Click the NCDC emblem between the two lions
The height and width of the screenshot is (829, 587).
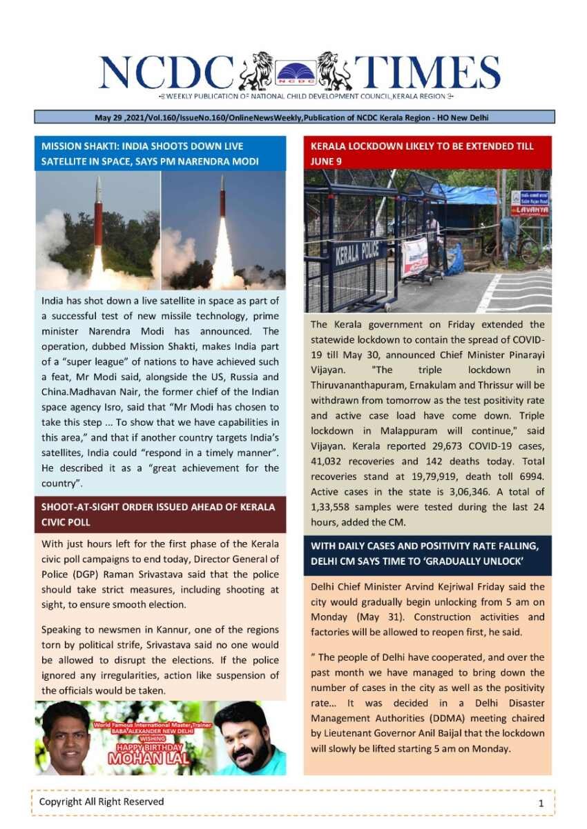pyautogui.click(x=296, y=72)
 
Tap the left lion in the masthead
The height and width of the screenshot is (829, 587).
pyautogui.click(x=257, y=70)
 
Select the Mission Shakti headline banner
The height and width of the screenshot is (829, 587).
pyautogui.click(x=160, y=153)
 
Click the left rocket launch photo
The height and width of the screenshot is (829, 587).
pyautogui.click(x=97, y=230)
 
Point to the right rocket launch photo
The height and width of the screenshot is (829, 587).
pyautogui.click(x=223, y=230)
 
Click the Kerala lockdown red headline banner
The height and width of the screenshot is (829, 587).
pyautogui.click(x=427, y=153)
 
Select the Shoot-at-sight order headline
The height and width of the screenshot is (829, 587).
pyautogui.click(x=160, y=515)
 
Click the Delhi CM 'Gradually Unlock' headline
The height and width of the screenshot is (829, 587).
pyautogui.click(x=427, y=554)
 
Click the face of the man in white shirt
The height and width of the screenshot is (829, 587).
pyautogui.click(x=67, y=735)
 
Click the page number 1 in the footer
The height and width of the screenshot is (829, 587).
pyautogui.click(x=541, y=803)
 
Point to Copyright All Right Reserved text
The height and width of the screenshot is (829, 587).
pyautogui.click(x=102, y=801)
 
